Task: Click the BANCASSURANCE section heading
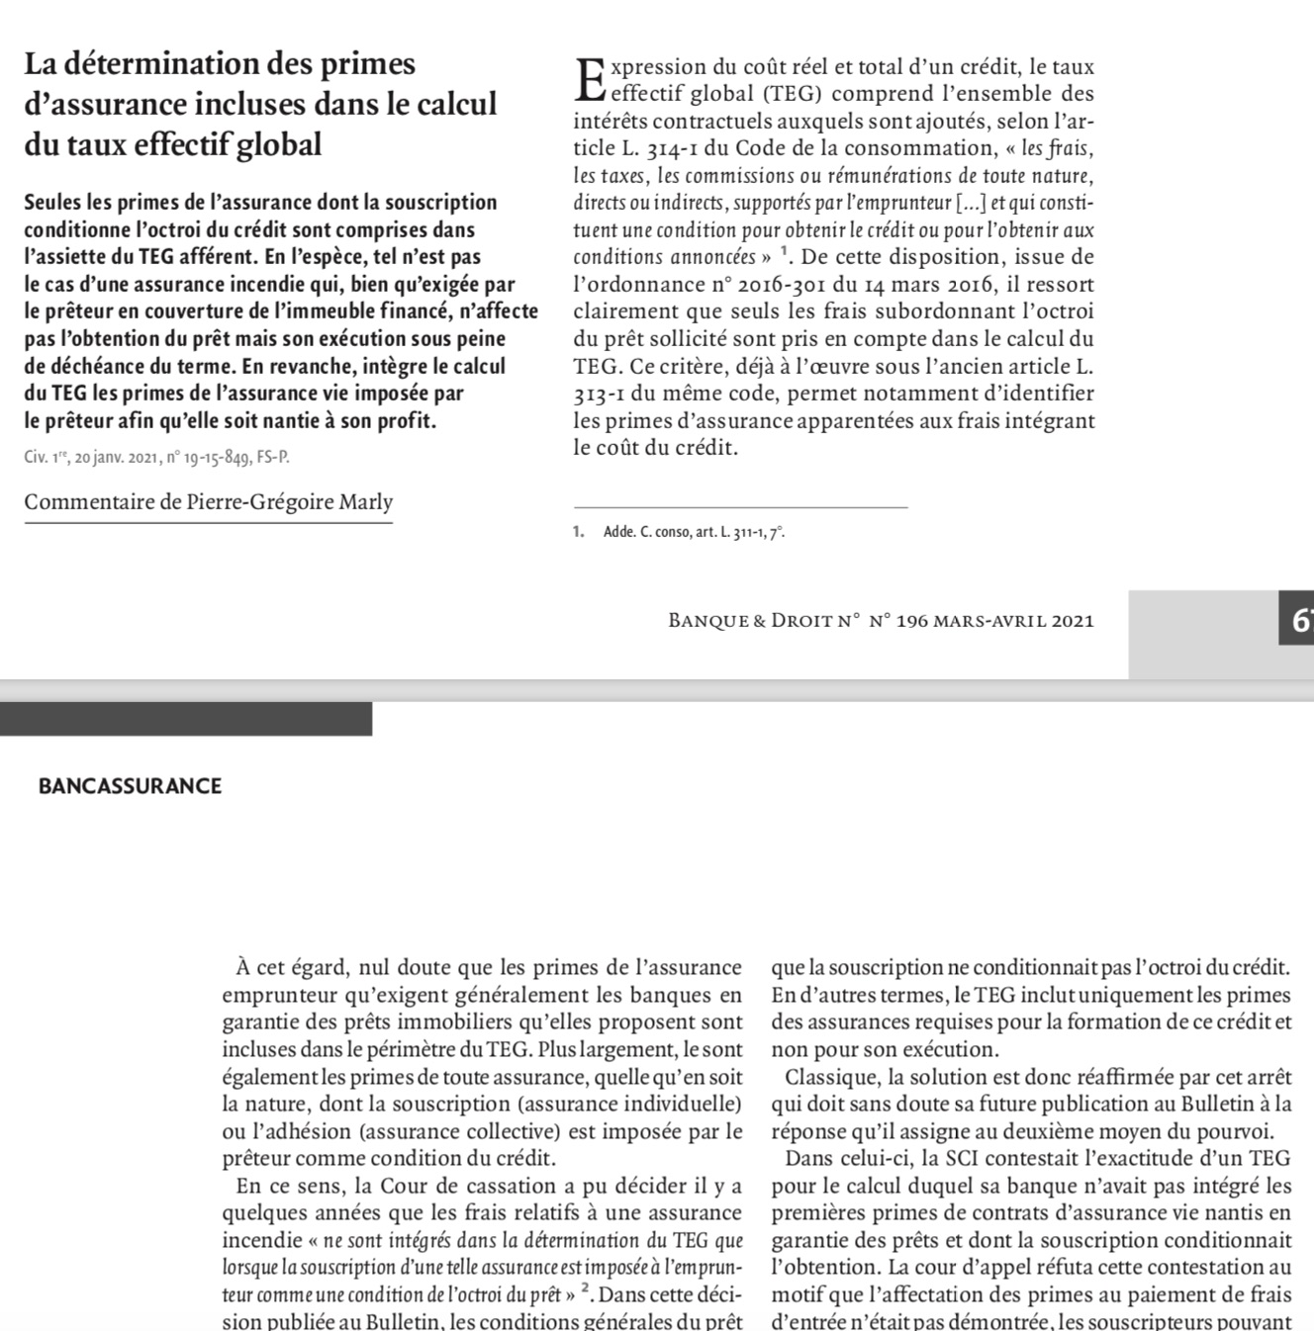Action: coord(130,787)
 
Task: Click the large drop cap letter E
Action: coord(589,79)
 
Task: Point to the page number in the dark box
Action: coord(1299,621)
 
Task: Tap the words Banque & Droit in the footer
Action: coord(751,621)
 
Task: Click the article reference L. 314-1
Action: coord(665,149)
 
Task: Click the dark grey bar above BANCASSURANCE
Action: coord(186,719)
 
